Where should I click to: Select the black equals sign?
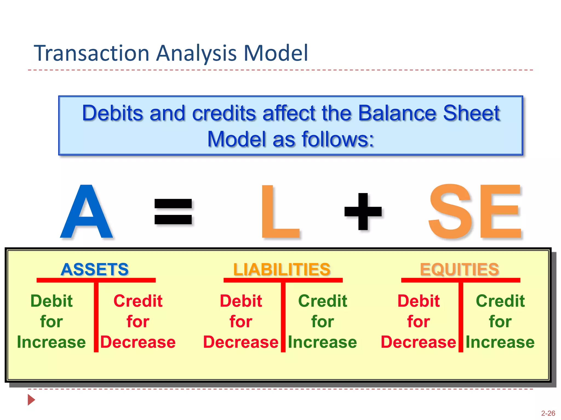tap(173, 211)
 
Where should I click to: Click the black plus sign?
tap(363, 211)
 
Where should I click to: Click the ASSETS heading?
tap(95, 269)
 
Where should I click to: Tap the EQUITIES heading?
tap(459, 269)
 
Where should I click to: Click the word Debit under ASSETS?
tap(51, 301)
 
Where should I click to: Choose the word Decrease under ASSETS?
tap(138, 342)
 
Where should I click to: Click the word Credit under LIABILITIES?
tap(323, 301)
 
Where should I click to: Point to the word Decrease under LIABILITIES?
tap(241, 342)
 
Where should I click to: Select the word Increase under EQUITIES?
tap(500, 342)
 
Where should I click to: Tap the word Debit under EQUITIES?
tap(419, 301)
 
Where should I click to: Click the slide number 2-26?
tap(548, 413)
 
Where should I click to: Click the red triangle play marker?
tap(31, 400)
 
